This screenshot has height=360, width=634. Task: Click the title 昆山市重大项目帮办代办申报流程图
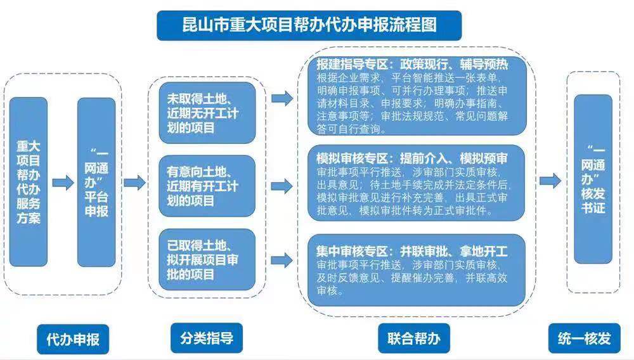[x=309, y=26]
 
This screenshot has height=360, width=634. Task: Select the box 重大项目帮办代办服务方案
[x=29, y=182]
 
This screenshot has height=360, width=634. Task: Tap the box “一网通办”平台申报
[x=97, y=182]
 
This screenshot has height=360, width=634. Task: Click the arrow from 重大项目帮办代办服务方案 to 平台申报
[x=63, y=183]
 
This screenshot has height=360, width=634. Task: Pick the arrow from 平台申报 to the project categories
[x=134, y=183]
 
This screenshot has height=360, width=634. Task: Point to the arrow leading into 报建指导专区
[x=281, y=98]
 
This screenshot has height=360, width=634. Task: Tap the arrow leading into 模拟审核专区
[x=281, y=186]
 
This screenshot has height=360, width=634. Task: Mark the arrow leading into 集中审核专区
[x=281, y=260]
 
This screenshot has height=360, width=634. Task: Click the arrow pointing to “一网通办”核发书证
[x=550, y=181]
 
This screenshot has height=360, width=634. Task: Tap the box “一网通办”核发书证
[x=593, y=179]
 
